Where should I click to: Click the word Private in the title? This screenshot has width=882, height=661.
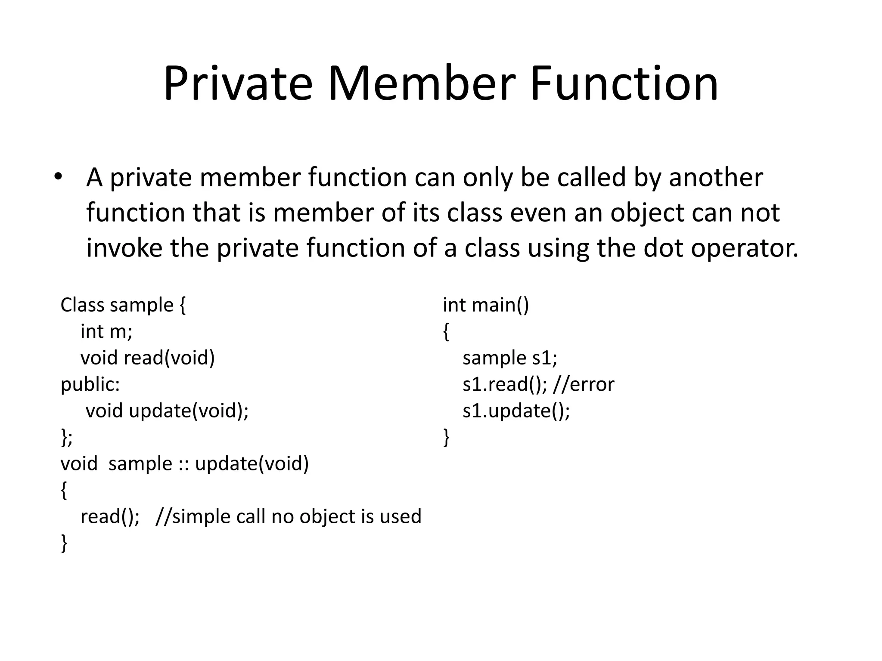pos(238,83)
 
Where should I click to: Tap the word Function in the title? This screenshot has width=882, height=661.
pos(624,83)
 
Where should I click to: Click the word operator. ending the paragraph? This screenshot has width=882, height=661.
pos(745,248)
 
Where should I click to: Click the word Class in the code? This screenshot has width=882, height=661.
pos(82,305)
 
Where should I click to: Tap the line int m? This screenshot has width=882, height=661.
pos(106,331)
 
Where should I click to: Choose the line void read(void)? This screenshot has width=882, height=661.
pos(147,358)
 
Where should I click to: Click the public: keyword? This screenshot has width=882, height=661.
pos(90,384)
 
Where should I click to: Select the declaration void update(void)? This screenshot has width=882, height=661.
pos(167,411)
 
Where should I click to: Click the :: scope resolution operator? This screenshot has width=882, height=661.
pos(183,464)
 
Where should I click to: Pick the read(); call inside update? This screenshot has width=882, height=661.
pos(110,516)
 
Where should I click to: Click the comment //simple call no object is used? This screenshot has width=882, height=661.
pos(288,516)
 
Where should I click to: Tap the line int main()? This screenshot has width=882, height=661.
pos(485,305)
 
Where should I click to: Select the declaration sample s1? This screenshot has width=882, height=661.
pos(509,358)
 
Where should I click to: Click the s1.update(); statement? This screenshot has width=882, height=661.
pos(516,411)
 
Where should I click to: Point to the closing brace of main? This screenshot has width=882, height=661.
pos(446,437)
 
